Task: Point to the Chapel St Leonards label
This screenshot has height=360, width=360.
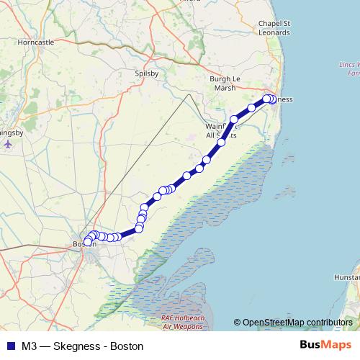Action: [274, 28]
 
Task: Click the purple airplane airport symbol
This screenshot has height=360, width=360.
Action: [9, 143]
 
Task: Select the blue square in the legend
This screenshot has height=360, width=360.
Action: [10, 346]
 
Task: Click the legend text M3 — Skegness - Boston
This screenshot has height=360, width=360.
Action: [82, 346]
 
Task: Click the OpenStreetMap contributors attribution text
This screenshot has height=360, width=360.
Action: [297, 323]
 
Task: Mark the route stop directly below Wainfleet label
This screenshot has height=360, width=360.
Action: [221, 143]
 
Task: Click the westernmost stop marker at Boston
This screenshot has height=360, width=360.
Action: [87, 242]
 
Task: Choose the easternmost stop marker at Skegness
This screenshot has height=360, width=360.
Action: [273, 99]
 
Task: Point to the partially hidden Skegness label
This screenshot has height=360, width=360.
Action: [283, 99]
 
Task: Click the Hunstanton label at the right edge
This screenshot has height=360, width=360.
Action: [348, 276]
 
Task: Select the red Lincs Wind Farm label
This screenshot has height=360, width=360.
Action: [348, 69]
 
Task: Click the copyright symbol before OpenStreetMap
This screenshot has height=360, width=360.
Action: [238, 323]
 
